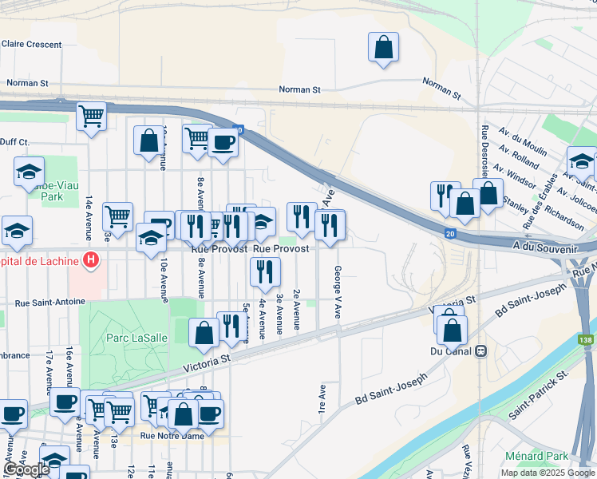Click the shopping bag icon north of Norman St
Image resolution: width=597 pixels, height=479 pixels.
click(384, 46)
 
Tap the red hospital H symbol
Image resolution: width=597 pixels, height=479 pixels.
click(92, 260)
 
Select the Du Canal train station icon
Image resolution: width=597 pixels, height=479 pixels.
click(480, 350)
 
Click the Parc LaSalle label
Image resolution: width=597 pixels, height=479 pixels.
click(137, 338)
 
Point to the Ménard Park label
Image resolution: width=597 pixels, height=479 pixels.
click(536, 456)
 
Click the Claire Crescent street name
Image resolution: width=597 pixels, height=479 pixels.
click(32, 45)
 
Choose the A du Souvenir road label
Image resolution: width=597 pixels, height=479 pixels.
click(546, 248)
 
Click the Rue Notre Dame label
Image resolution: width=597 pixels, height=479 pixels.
click(172, 435)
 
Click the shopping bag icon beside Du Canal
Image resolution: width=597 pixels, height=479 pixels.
click(453, 329)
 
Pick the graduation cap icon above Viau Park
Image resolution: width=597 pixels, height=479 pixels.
click(29, 171)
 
